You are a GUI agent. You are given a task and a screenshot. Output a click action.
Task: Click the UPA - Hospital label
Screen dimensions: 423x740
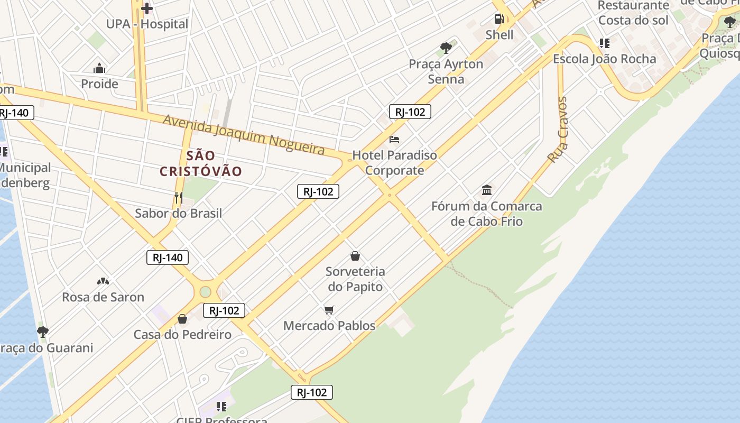147,24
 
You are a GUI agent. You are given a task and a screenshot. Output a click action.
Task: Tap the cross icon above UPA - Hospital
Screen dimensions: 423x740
147,8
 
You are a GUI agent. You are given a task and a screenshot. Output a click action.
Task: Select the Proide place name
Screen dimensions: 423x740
99,84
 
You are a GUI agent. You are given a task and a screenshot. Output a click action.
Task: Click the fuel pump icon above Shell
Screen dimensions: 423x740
499,20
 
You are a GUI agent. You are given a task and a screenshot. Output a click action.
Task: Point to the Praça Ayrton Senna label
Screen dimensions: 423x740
446,71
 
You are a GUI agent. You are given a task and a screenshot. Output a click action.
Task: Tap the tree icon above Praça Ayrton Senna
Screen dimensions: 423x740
446,48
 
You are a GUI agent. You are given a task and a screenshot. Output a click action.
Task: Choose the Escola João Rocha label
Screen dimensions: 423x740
604,59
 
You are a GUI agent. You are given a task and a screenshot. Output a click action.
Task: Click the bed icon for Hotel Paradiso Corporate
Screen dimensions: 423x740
394,140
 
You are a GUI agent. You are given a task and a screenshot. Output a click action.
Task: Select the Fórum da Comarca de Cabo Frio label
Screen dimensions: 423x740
487,214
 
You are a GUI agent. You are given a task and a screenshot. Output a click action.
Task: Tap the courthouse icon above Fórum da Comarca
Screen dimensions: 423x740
487,190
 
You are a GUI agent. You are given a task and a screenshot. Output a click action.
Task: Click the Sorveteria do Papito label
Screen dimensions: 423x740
355,279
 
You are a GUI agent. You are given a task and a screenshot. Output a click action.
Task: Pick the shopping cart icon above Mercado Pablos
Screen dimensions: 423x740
329,310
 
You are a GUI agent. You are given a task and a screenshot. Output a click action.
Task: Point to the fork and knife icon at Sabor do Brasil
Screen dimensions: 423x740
179,198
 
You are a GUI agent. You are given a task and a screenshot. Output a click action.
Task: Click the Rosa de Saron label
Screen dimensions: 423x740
103,297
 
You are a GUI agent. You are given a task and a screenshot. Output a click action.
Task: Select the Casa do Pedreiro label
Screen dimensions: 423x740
182,335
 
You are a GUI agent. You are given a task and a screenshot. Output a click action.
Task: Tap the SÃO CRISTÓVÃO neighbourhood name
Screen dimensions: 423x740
201,163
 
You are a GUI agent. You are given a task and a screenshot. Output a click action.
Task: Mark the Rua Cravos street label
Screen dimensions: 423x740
558,130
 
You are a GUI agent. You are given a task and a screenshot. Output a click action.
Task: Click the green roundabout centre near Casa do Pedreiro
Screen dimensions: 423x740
205,291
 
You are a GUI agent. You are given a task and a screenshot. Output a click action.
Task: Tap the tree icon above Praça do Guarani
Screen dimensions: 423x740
43,332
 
